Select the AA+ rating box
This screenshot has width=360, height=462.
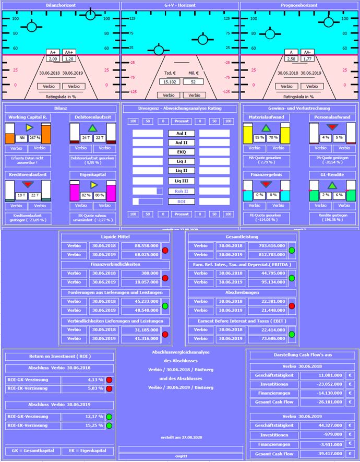(69, 52)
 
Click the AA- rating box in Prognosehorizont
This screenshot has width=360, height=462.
(309, 52)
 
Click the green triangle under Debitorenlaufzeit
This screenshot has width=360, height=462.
(92, 128)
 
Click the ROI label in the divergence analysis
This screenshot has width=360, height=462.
(181, 201)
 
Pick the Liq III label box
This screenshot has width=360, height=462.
(181, 181)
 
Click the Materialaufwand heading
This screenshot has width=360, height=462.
(266, 117)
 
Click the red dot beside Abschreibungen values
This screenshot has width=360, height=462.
(292, 306)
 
